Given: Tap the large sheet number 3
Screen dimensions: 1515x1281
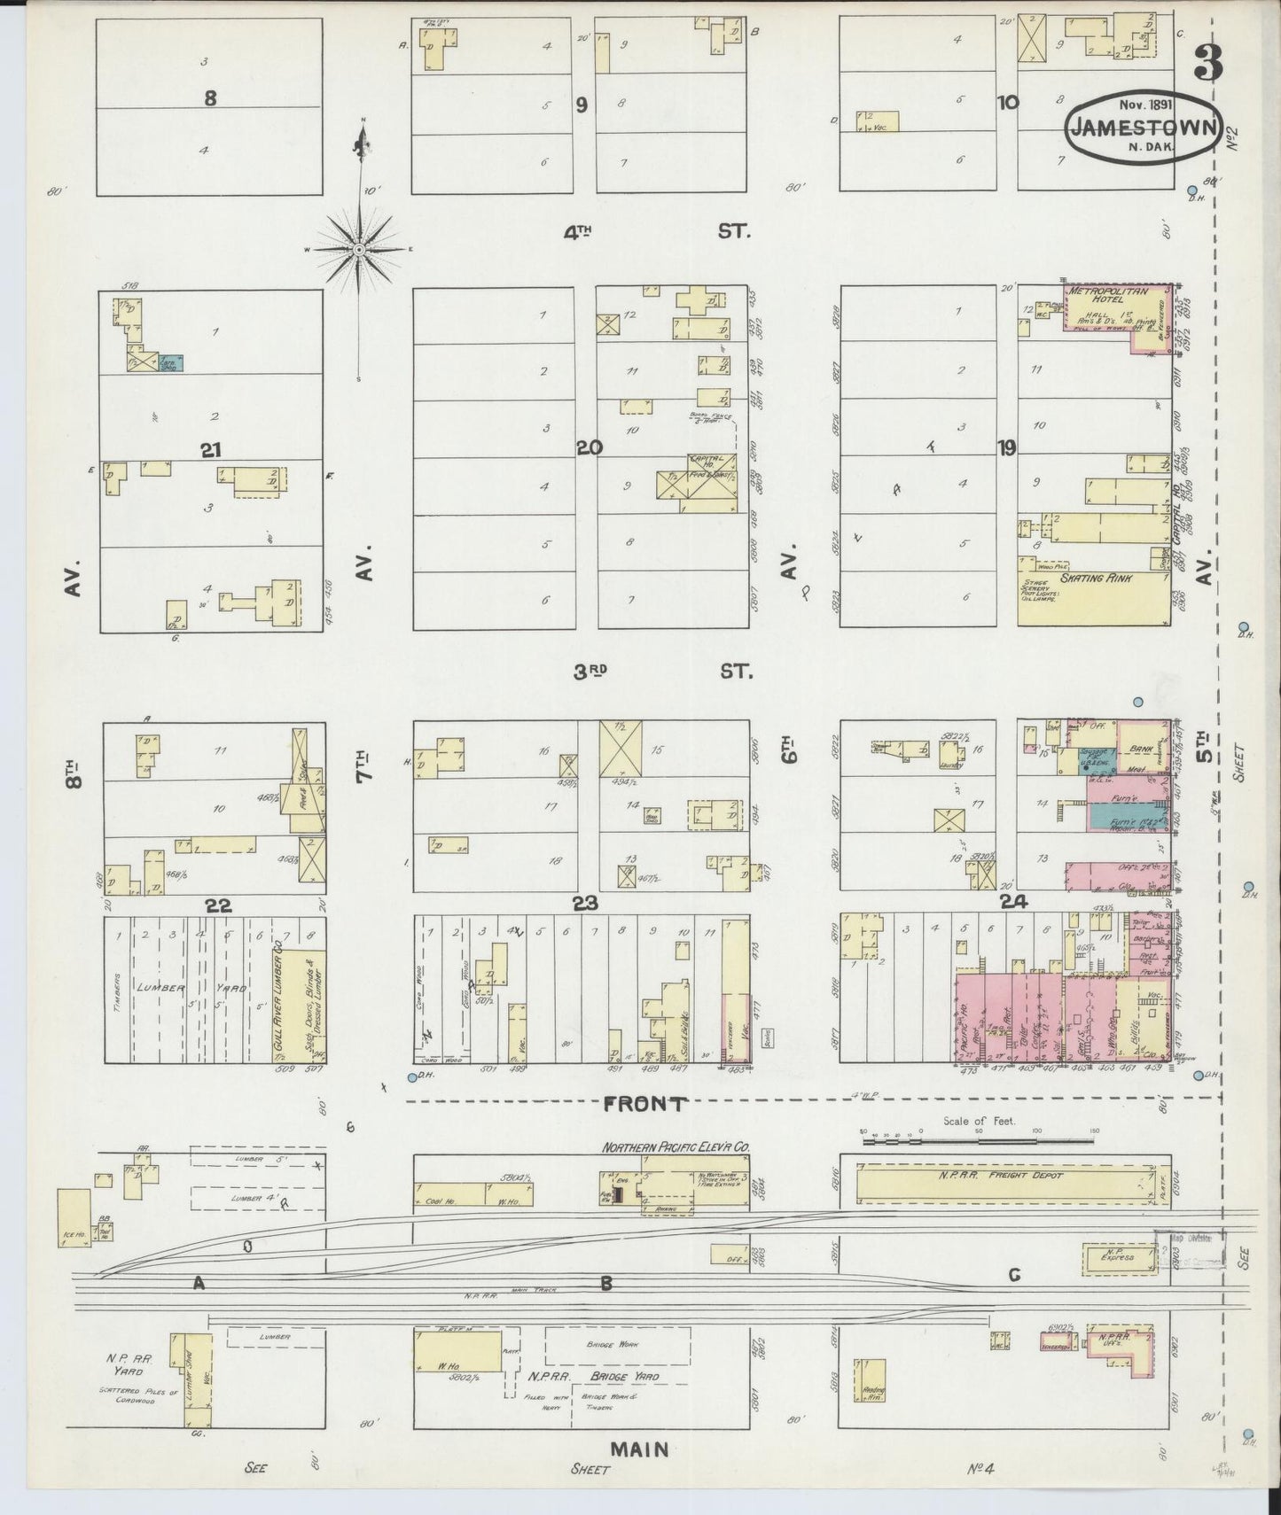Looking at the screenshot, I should coord(1207,62).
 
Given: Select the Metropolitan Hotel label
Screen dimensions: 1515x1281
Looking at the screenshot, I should coord(1105,294).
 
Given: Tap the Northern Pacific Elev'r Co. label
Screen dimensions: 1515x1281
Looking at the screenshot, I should coord(676,1146).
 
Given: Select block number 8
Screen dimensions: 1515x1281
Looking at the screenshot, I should coord(210,98).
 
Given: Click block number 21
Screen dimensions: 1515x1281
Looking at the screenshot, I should coord(210,450).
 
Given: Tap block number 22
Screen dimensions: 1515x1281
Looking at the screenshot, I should coord(218,905).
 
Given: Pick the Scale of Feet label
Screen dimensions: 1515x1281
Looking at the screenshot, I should coord(979,1121).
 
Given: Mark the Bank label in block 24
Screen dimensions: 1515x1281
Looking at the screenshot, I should coord(1140,749).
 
